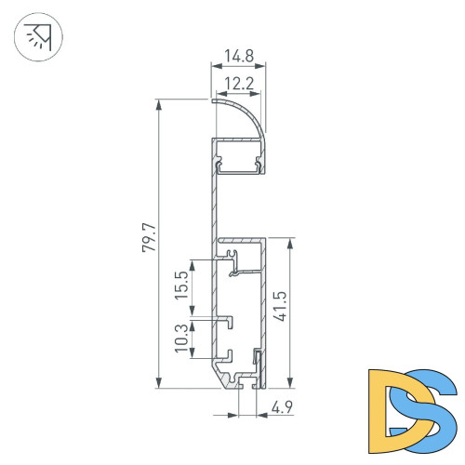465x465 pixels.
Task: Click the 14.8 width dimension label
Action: coord(239,56)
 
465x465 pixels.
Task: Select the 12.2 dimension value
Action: coord(239,84)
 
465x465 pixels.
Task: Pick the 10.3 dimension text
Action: coord(181,340)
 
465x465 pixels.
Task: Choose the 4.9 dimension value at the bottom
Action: coord(283,405)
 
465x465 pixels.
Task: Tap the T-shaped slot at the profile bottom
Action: coord(246,381)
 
